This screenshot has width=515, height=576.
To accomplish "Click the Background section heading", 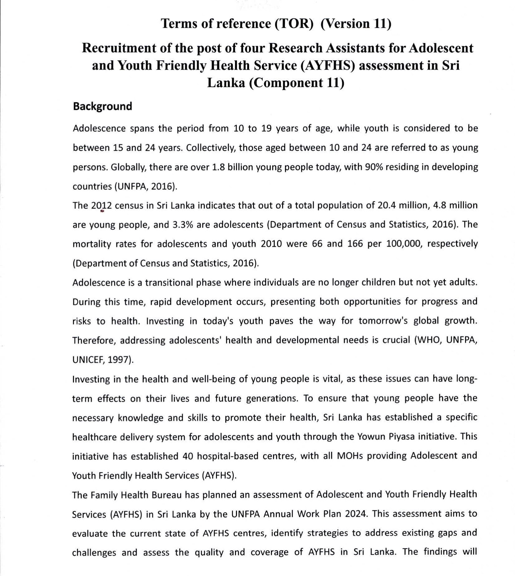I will tap(102, 106).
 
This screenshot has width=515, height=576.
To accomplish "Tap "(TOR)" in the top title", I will tap(294, 24).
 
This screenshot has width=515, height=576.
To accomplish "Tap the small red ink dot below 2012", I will tap(102, 211).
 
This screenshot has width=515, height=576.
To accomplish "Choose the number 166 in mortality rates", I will tap(355, 244).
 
